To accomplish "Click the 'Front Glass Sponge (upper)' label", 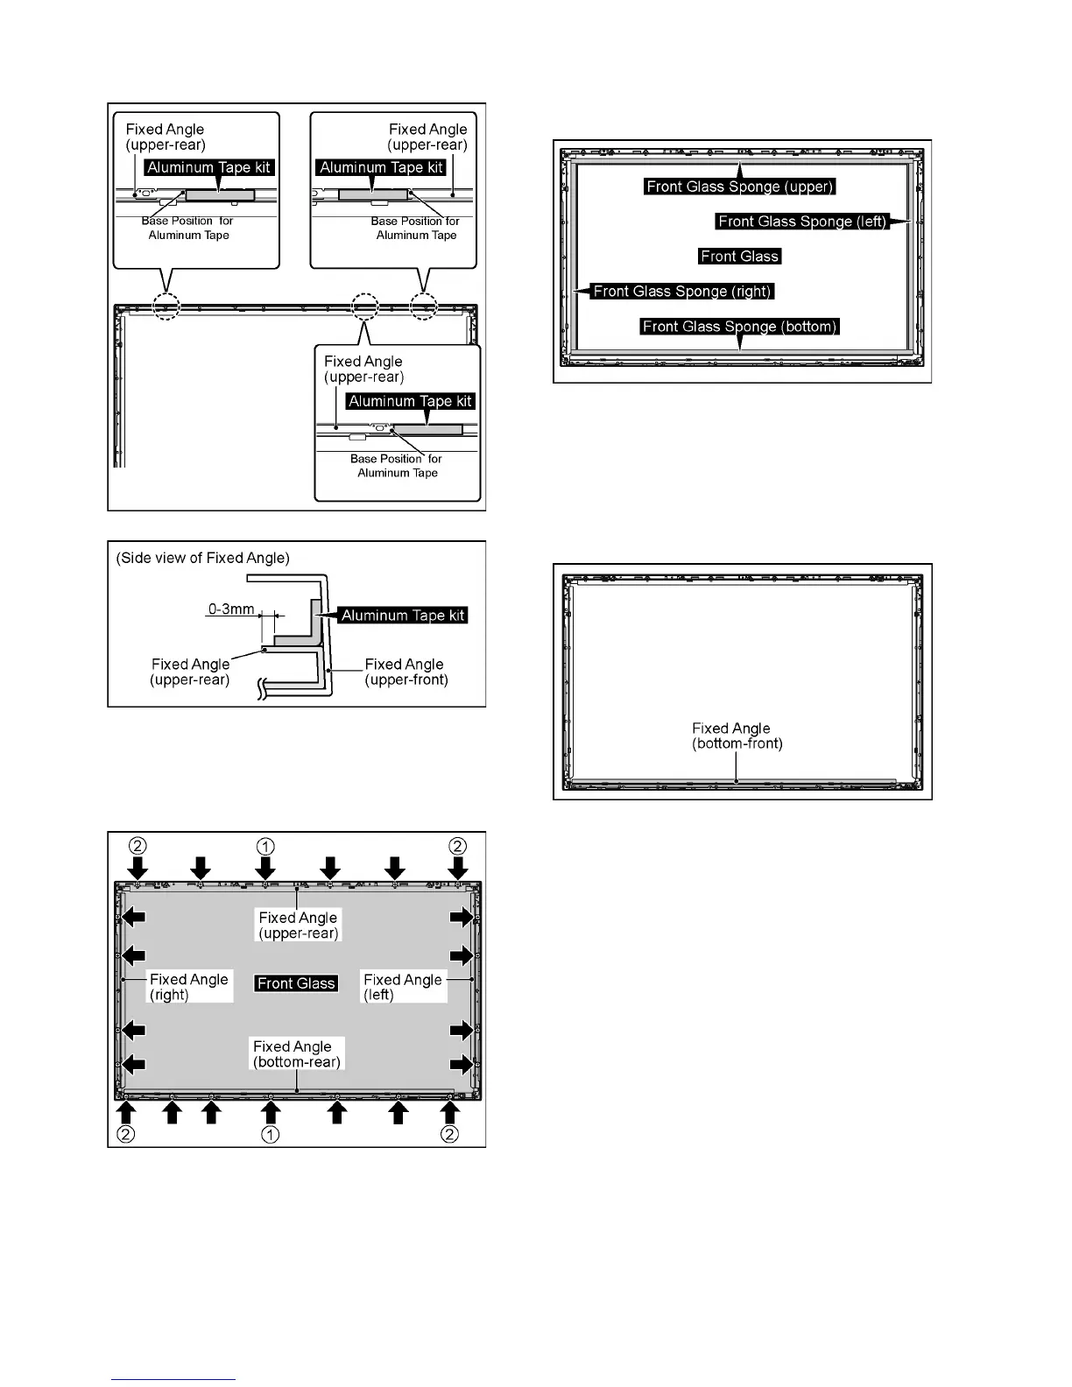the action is (740, 187).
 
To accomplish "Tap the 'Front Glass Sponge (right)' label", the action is (682, 292).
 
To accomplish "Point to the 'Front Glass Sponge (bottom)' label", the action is (740, 327).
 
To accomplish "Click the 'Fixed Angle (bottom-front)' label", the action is (737, 736).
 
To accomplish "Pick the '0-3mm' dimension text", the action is (231, 609).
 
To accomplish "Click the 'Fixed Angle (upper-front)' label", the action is (406, 672).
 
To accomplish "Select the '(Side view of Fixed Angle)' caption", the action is (202, 558).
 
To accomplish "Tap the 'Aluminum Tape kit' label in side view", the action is (403, 616).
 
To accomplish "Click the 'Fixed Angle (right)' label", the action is (188, 987).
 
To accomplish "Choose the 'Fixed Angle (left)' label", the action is (402, 987).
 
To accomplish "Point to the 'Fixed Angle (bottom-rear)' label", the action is (296, 1054).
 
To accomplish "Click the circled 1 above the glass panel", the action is (265, 846).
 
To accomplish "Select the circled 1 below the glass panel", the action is (271, 1135).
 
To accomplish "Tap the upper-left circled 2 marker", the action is (138, 846).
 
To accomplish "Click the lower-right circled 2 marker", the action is (449, 1135).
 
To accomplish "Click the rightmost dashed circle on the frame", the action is (424, 306).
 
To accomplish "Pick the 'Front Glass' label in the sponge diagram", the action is (739, 257).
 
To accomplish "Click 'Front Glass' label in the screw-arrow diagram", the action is (296, 983).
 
